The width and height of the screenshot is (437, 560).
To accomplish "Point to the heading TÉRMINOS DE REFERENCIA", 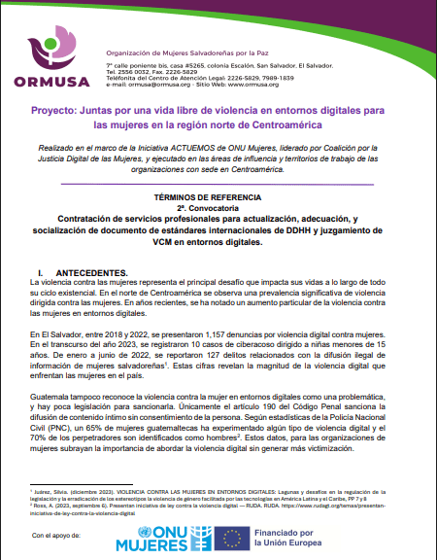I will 218,195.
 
